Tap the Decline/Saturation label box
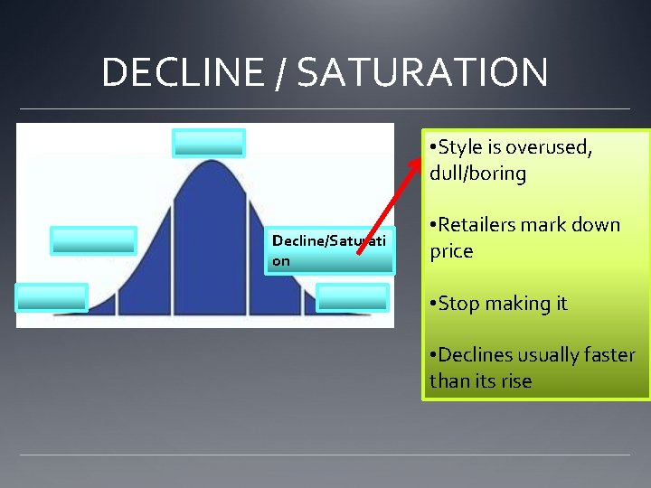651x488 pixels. point(329,251)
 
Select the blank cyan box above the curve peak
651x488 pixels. point(209,143)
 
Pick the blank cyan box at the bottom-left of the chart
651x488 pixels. point(52,296)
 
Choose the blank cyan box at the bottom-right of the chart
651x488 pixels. point(353,297)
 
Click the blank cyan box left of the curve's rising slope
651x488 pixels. point(94,240)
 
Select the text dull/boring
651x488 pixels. point(478,174)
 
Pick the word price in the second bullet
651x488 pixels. point(451,251)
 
